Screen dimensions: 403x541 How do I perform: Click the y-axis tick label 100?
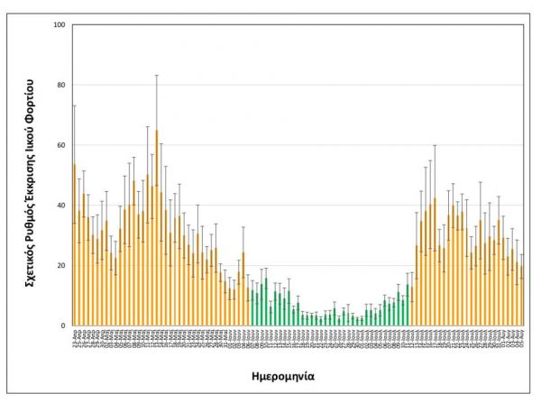60,24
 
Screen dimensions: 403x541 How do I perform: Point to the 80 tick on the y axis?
61,85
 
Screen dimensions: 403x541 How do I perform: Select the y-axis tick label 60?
61,145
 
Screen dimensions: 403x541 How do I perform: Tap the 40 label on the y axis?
61,205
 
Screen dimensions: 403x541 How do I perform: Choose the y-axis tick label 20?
61,265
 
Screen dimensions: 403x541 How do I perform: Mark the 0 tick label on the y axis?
63,325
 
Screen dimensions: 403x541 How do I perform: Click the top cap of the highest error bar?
156,75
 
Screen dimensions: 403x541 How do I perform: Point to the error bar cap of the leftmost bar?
74,105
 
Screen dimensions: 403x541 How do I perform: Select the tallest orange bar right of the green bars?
435,261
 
